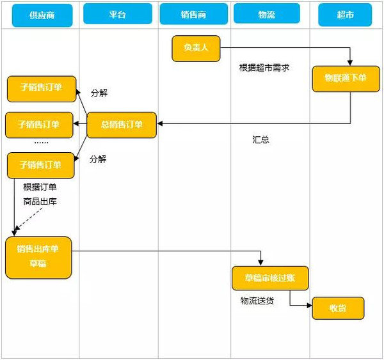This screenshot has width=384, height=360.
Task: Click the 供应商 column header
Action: click(42, 14)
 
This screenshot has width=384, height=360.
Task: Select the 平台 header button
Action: click(117, 14)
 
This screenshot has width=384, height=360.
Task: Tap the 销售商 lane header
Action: click(194, 14)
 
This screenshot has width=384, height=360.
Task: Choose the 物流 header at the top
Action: click(267, 14)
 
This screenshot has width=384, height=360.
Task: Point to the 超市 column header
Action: click(344, 14)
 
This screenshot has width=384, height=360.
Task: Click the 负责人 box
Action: click(196, 49)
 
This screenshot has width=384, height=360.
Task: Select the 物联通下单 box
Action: click(345, 78)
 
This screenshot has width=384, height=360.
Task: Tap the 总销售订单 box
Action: click(122, 124)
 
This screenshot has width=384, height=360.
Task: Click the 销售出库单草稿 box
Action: click(38, 257)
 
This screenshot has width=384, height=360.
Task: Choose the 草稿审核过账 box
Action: click(269, 278)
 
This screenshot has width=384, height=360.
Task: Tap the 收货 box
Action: click(338, 308)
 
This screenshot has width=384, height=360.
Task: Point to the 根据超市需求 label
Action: click(264, 67)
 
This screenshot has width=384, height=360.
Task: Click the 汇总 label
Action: click(260, 139)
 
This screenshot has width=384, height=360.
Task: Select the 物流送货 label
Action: click(257, 301)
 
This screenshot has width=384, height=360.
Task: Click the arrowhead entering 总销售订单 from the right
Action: click(161, 123)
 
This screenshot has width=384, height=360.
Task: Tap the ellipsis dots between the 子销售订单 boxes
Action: click(42, 142)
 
